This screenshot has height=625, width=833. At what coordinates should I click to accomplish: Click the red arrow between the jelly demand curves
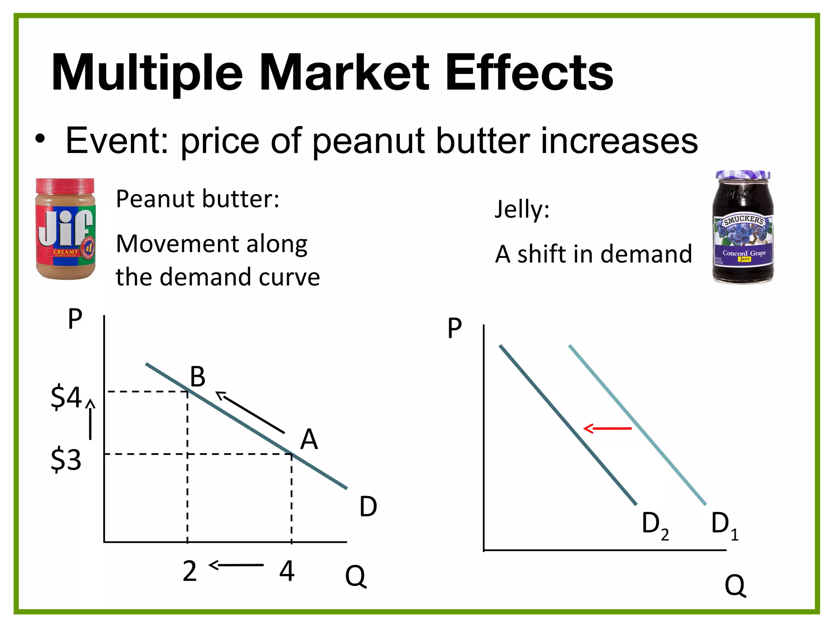coord(607,428)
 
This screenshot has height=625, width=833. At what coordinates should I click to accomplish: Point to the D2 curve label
coord(654,524)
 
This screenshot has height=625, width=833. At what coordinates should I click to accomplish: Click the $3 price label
coord(66,460)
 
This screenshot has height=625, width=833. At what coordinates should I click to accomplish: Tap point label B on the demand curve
coord(198,377)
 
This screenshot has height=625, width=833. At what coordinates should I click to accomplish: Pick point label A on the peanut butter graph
coord(309,439)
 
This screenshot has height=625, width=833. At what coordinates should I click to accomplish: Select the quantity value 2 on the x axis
coord(190,571)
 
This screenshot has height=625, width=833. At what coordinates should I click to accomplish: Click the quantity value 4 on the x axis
coord(287,571)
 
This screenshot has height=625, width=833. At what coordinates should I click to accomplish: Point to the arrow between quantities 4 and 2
coord(236,565)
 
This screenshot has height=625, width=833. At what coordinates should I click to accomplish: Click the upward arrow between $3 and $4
coord(90,419)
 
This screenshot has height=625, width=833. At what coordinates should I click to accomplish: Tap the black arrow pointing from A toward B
coord(250,412)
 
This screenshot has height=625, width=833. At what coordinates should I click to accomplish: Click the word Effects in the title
coord(529,73)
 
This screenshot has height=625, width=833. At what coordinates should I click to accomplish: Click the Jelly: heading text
coord(522,210)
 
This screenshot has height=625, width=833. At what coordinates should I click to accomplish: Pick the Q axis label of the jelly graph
coord(735,586)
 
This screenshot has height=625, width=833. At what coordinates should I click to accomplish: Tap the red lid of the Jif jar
coord(65,186)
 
